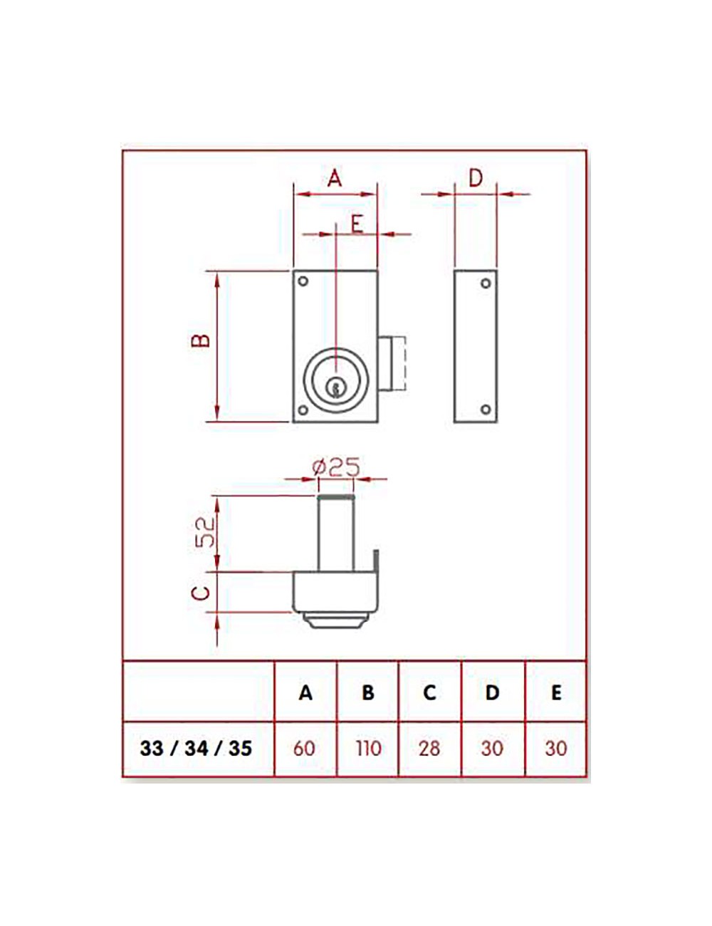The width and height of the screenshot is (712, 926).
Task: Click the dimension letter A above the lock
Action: point(335,177)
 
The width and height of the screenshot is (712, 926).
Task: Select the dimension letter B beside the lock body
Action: point(202,339)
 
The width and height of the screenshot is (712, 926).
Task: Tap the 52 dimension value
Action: point(205,531)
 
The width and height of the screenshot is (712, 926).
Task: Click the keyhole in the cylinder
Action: point(333,387)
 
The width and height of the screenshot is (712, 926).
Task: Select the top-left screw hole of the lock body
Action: point(303,282)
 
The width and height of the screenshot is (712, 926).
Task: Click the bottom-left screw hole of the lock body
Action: point(303,410)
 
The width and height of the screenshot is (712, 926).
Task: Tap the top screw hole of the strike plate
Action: point(486,283)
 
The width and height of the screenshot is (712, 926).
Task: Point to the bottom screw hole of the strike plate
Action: point(486,409)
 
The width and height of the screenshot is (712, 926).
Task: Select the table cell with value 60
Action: point(305,749)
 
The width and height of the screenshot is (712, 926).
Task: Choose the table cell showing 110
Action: point(367,749)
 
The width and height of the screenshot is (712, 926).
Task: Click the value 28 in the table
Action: point(429,749)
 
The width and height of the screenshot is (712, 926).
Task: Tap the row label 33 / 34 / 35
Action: point(197,749)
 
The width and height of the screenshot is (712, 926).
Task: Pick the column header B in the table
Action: point(367,692)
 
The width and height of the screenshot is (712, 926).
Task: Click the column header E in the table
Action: point(556,692)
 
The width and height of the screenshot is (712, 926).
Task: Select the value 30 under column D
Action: point(492,749)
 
